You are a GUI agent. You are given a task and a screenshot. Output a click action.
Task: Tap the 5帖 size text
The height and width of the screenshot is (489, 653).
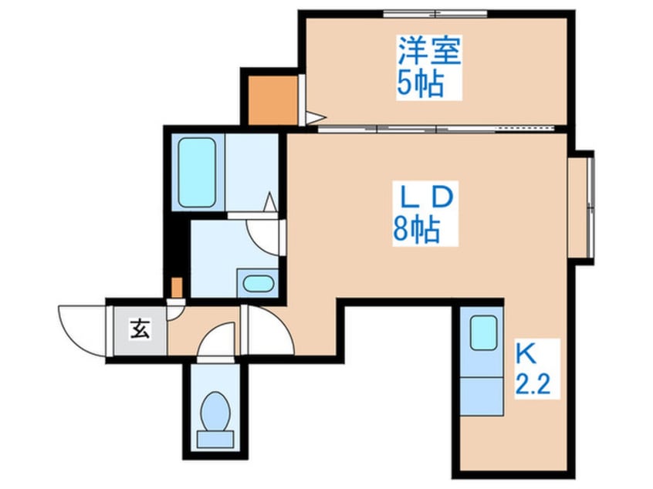point(421,83)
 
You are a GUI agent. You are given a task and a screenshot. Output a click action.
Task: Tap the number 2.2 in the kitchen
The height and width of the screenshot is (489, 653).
point(533,383)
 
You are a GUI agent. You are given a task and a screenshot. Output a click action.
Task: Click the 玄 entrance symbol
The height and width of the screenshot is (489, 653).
point(139,330)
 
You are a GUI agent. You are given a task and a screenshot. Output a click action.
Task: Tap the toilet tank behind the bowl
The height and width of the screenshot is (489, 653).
point(214,438)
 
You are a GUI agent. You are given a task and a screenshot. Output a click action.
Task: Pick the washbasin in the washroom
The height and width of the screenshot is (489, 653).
point(255,283)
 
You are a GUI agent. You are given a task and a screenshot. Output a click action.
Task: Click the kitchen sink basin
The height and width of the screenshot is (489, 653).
point(484,333)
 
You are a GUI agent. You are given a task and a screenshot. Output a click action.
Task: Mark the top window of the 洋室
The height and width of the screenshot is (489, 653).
point(436,13)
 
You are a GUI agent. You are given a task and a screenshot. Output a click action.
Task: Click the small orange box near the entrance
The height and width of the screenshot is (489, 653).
point(177,288)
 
